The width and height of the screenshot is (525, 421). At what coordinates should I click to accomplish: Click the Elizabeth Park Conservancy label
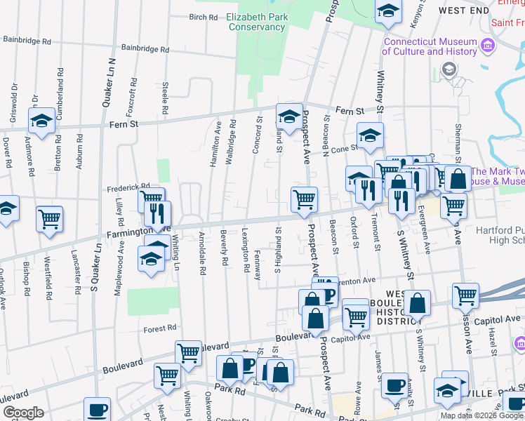pyautogui.click(x=256, y=22)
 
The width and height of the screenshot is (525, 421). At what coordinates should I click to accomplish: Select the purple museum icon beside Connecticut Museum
pyautogui.click(x=490, y=46)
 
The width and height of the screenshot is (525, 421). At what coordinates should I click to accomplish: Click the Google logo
pyautogui.click(x=22, y=413)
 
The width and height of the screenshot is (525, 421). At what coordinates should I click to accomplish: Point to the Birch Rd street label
pyautogui.click(x=204, y=17)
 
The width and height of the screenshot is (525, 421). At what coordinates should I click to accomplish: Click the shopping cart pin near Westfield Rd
pyautogui.click(x=50, y=219)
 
